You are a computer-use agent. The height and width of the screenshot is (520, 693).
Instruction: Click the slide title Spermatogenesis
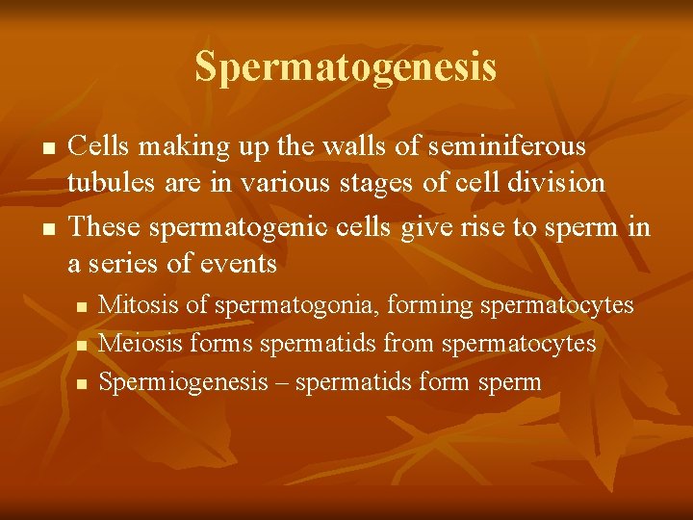click(x=346, y=67)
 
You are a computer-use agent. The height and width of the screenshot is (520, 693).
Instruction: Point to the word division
click(x=560, y=183)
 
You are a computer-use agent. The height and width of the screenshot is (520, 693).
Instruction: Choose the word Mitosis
click(x=141, y=305)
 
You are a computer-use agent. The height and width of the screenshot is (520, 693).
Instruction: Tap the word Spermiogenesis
click(x=183, y=382)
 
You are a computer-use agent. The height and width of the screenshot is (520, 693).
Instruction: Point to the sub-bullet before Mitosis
click(x=82, y=307)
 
